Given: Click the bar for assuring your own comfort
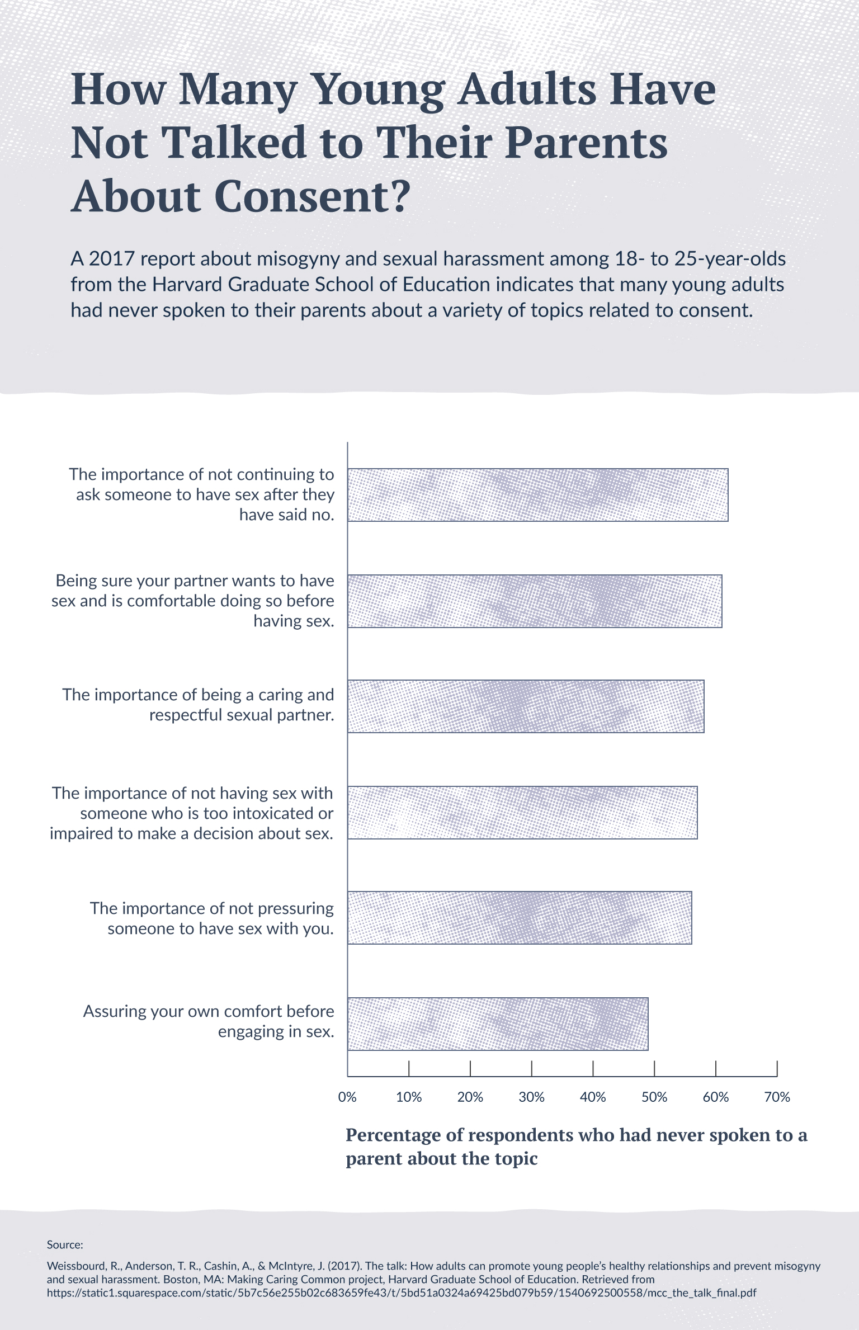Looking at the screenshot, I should point(498,1024).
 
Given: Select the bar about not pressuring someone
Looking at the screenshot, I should point(520,917).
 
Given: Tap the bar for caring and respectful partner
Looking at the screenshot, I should point(526,706).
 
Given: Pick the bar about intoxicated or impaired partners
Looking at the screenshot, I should point(522,812).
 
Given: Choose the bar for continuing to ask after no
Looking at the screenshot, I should point(537,495).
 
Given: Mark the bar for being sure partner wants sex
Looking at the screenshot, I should point(535,601).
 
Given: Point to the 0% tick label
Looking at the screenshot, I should point(347,1097).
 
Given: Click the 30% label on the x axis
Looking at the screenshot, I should point(531,1097).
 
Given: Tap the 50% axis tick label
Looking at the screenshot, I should point(654,1097).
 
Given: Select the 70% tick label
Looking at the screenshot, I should point(777,1097).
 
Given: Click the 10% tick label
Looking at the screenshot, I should point(409,1097).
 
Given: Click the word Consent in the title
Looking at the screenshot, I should point(303,196).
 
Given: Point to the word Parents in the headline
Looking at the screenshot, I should point(586,143).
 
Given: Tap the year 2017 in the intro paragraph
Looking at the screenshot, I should point(112,259).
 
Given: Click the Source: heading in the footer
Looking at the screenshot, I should point(65,1244).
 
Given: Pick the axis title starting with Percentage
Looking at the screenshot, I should point(576,1147).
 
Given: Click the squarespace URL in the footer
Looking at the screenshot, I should point(401,1293).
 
